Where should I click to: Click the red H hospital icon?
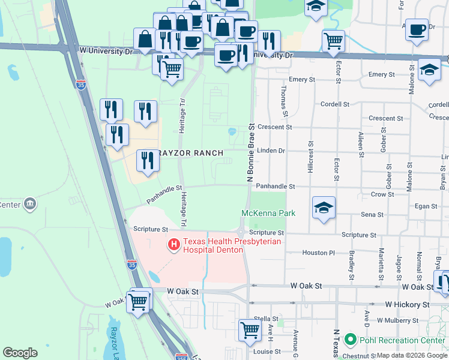coord(174,245)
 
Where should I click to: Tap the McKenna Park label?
coord(268,213)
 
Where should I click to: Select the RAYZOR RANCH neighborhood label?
coord(190,153)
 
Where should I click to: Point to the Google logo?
coord(20,353)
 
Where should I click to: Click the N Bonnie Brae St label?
coord(252,153)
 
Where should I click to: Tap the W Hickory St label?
coord(408,305)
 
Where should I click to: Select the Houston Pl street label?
coord(319,253)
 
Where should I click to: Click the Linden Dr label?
coord(271,151)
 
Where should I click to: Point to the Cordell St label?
coord(335,104)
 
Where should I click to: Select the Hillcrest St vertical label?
coord(311,157)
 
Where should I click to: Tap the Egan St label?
coord(426,206)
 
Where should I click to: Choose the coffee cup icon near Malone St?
coord(417,29)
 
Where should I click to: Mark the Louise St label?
coord(264,352)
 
